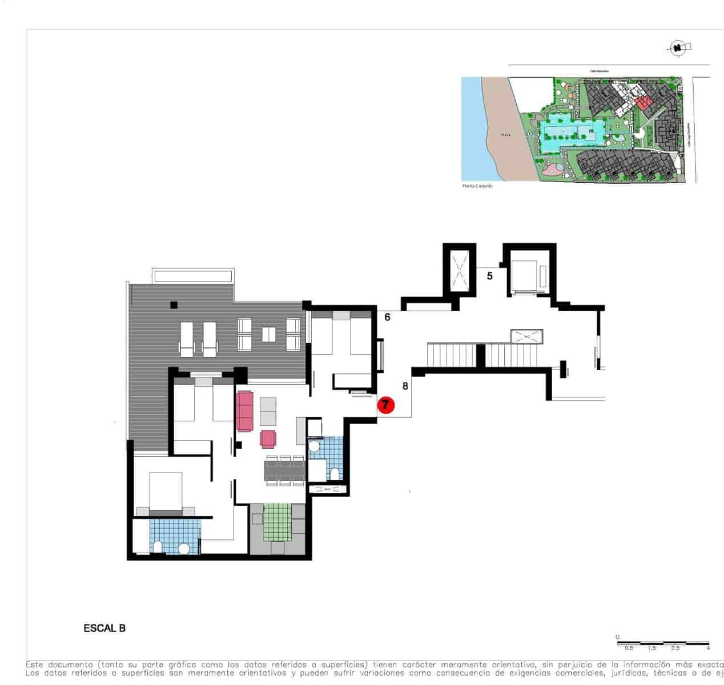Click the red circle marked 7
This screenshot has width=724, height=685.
[x=386, y=405]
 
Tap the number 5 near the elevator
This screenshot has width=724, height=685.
[x=489, y=276]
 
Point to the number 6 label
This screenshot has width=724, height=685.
[x=387, y=317]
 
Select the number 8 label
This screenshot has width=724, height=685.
[x=405, y=386]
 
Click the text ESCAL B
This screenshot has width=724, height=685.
[x=104, y=628]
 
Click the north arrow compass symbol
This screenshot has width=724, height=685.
[x=678, y=48]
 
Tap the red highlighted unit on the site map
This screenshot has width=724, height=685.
[x=643, y=103]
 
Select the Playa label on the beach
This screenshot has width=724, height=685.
[x=505, y=135]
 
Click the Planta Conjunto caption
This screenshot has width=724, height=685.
[x=477, y=186]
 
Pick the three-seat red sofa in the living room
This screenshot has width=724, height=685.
[x=244, y=411]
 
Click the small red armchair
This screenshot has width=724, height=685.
[x=268, y=438]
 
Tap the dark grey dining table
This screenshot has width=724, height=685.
[x=284, y=470]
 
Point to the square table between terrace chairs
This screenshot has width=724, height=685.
[x=268, y=334]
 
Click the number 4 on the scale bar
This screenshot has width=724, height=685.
[x=708, y=648]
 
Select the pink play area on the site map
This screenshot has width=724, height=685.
[x=552, y=169]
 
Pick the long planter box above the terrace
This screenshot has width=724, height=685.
[x=193, y=276]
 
